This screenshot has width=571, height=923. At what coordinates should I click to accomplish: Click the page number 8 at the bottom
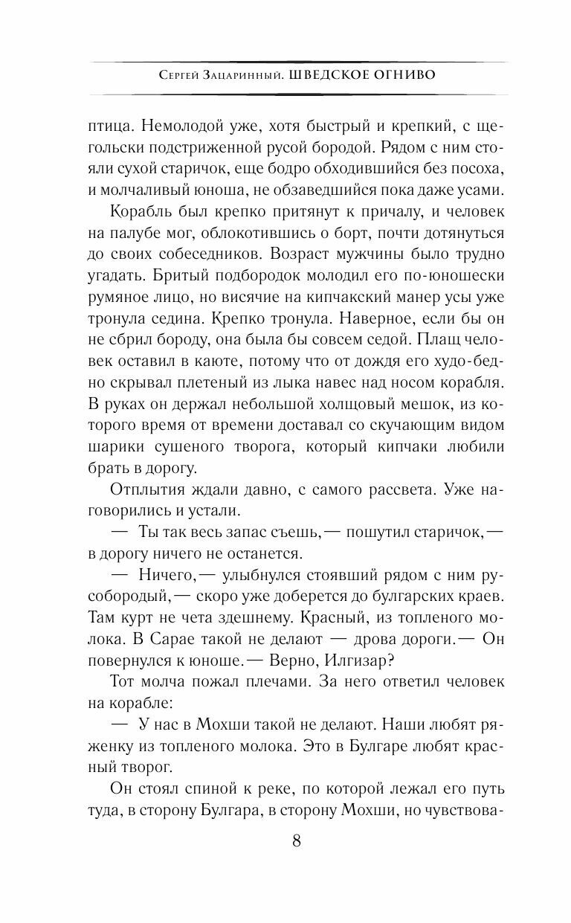point(297,842)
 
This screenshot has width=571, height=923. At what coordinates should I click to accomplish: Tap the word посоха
point(474,170)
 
